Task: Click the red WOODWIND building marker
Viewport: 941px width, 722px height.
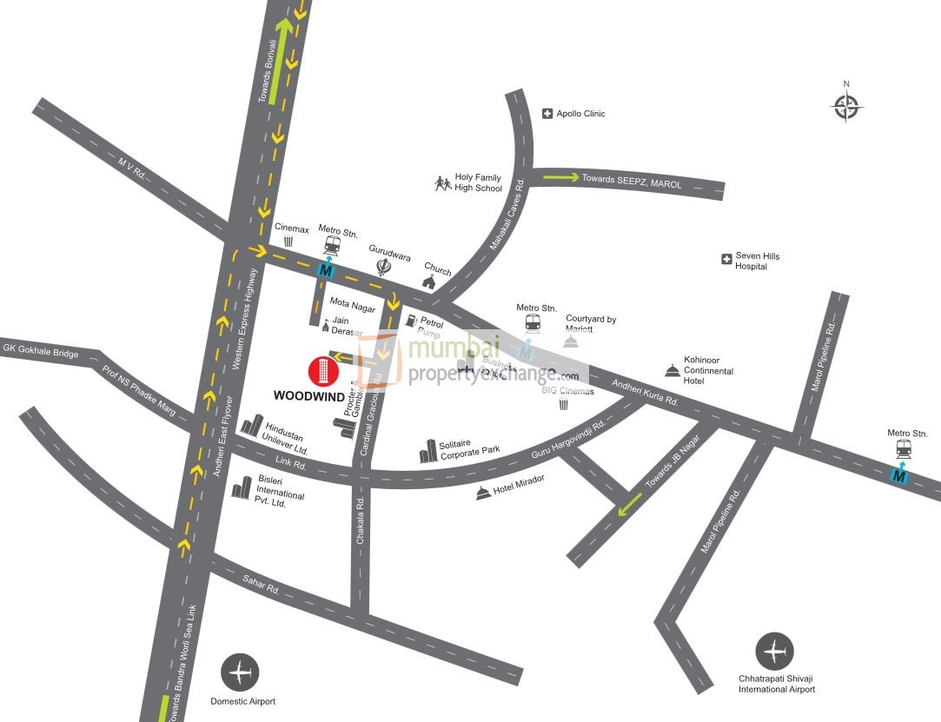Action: click(322, 371)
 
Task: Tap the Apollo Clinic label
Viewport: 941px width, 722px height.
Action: click(580, 114)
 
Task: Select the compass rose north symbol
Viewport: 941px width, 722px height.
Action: click(846, 106)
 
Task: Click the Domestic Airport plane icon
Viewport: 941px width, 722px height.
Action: click(240, 672)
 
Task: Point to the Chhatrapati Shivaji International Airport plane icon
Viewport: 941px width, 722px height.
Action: click(774, 652)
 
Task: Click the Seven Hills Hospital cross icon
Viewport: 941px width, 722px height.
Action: click(726, 259)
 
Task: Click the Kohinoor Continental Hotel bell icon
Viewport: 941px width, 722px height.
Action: click(672, 371)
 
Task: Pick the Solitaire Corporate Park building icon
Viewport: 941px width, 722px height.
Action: click(427, 451)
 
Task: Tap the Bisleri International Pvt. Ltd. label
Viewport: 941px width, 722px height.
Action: click(280, 491)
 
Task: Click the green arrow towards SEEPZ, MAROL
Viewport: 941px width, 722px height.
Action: click(561, 177)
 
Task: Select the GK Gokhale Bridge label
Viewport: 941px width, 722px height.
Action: click(41, 352)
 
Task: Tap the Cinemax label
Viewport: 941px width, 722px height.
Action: click(292, 229)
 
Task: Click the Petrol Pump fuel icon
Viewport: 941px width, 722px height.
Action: click(411, 322)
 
